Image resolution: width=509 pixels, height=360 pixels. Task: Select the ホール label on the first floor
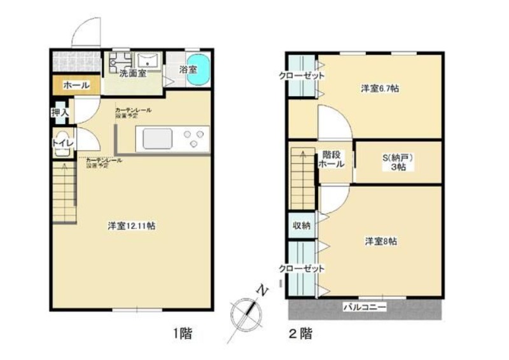(x=76, y=85)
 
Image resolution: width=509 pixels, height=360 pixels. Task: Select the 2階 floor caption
(x=300, y=332)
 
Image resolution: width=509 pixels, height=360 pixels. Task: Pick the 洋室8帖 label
(x=381, y=242)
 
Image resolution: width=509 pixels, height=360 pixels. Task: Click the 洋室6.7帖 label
(x=380, y=89)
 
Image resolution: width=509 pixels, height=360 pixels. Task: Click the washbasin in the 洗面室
(x=150, y=61)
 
